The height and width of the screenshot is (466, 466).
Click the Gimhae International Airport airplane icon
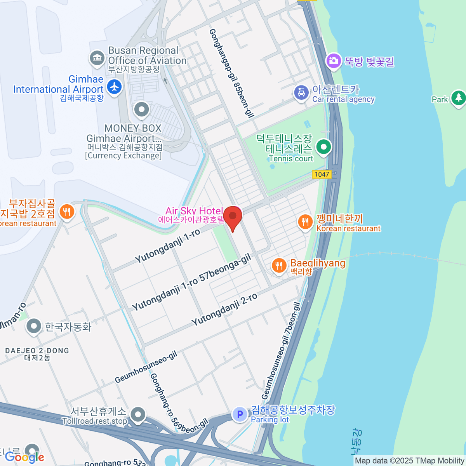click(x=114, y=86)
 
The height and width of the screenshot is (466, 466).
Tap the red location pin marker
click(x=233, y=217)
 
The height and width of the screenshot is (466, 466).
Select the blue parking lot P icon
click(x=240, y=414)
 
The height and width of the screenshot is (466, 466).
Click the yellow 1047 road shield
click(x=322, y=174)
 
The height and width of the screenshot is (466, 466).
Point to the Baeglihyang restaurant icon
click(x=279, y=266)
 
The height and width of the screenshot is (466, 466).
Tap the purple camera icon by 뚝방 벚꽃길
click(x=333, y=61)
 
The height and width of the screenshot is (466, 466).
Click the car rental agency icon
click(x=301, y=93)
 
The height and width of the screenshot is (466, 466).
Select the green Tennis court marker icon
click(x=323, y=147)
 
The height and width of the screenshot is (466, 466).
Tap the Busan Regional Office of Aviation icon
click(x=97, y=58)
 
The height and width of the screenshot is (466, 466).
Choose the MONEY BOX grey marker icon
click(x=141, y=110)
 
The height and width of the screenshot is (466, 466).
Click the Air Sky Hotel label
click(x=194, y=211)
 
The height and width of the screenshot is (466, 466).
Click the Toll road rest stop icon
click(x=138, y=414)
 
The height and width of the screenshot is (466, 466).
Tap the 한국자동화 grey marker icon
click(x=34, y=327)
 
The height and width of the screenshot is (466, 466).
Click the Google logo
click(x=24, y=457)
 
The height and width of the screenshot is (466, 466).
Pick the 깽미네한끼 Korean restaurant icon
click(x=305, y=222)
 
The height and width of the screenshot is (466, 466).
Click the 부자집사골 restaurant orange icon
click(x=67, y=212)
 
